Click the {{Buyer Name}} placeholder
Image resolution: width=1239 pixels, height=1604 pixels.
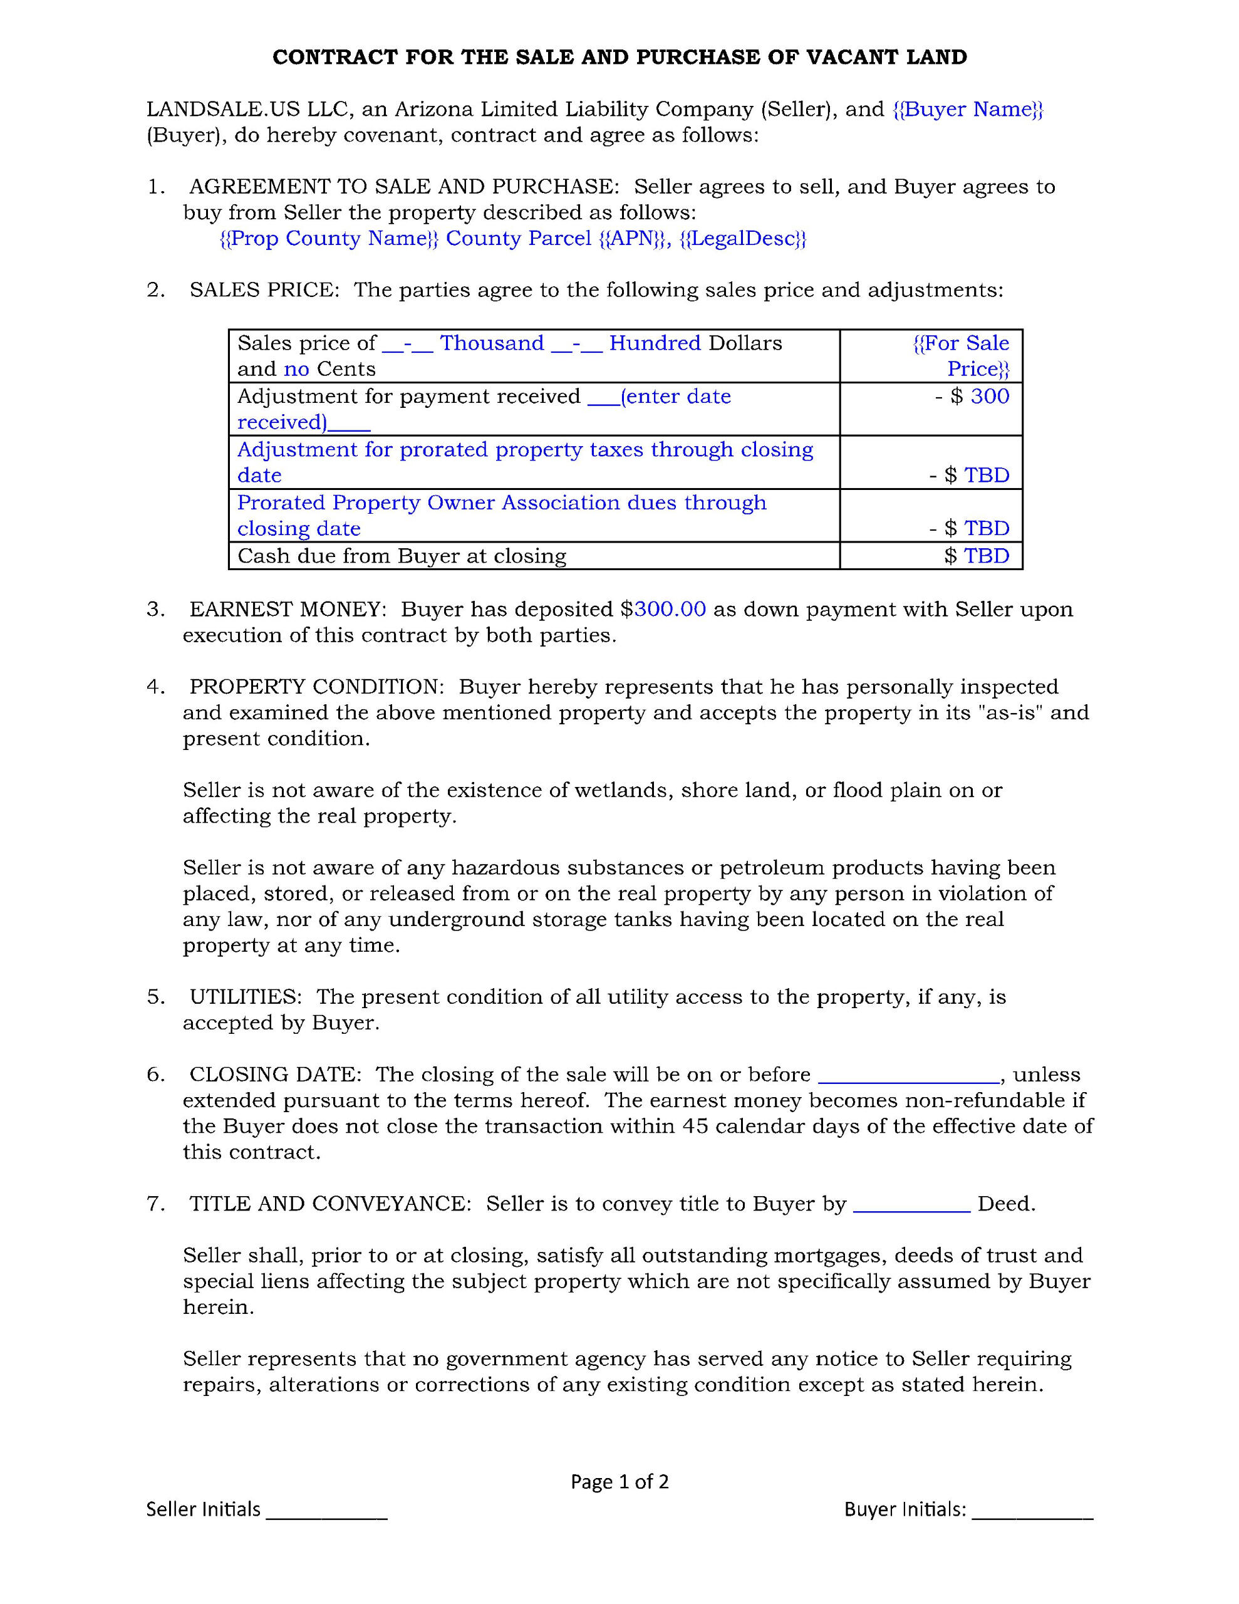(x=967, y=110)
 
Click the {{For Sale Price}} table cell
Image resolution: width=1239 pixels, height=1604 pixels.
(x=961, y=355)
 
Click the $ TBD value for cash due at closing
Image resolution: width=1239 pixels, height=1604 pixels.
(x=977, y=556)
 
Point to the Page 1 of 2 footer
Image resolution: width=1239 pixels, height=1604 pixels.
(x=619, y=1481)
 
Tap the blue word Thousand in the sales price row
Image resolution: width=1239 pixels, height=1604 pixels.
(x=492, y=343)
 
